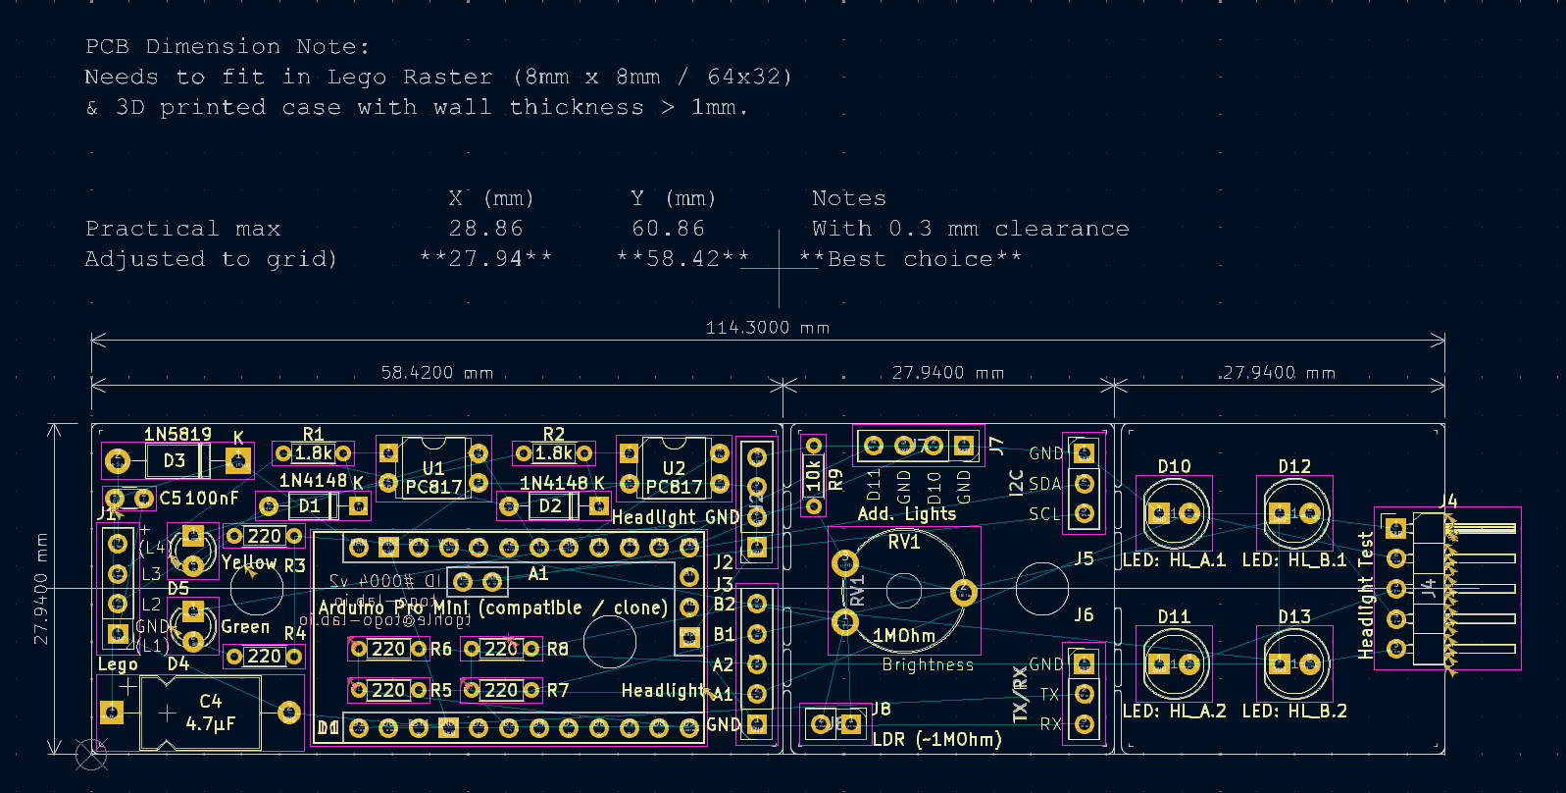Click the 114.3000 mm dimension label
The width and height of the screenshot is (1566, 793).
(x=767, y=328)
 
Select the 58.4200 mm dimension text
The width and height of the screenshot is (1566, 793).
(x=436, y=373)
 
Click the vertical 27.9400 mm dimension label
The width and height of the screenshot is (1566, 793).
(x=41, y=589)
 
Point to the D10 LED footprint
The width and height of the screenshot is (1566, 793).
(x=1174, y=513)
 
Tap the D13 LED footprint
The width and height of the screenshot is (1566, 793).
(x=1294, y=664)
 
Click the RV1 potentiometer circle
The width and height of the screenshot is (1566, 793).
(x=903, y=590)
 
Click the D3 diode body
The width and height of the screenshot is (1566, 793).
(x=176, y=460)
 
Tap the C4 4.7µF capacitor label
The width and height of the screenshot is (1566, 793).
(x=211, y=714)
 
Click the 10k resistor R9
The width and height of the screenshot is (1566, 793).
(x=813, y=476)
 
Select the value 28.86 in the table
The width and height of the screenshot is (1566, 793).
(x=485, y=229)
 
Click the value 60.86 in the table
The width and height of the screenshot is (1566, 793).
(x=668, y=229)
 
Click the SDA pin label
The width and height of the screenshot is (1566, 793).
(x=1044, y=484)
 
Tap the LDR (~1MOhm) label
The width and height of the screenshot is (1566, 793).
(x=936, y=739)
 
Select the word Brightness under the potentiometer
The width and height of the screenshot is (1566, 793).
(x=928, y=664)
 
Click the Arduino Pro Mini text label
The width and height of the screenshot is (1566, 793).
(x=492, y=608)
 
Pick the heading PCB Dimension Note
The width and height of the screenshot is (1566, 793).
(x=227, y=46)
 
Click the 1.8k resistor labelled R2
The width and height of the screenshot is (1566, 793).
(x=553, y=453)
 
